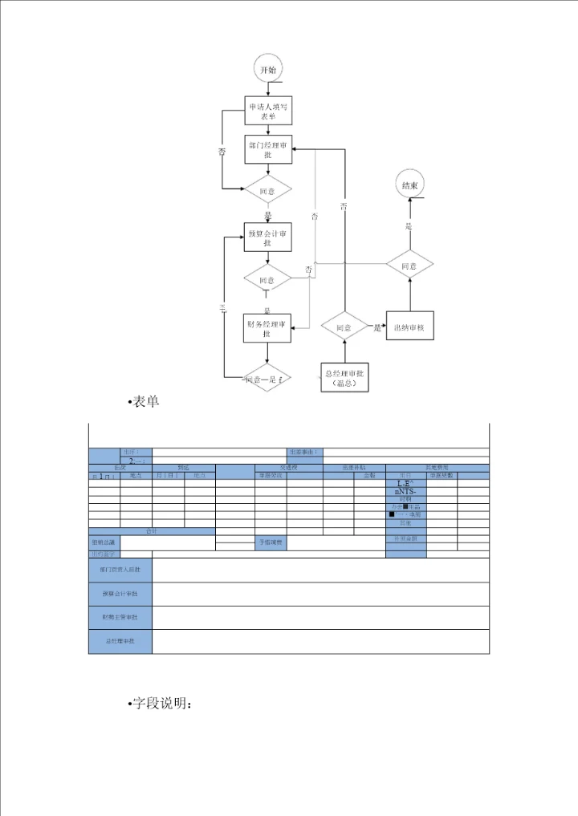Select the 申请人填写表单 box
pos(268,112)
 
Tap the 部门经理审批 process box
pos(268,149)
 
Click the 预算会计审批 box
pos(268,237)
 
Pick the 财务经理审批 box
pos(267,327)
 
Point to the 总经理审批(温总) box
pos(344,379)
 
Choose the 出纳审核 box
pos(409,327)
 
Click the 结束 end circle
pos(409,185)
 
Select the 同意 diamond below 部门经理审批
pos(267,192)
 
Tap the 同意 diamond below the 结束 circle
pos(409,266)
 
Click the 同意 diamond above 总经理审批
pos(344,327)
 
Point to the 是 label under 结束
pos(409,227)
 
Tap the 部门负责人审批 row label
pos(120,570)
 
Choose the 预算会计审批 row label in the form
pos(120,594)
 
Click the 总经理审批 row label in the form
pos(120,642)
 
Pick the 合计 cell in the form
pos(152,531)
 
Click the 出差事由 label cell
pos(305,452)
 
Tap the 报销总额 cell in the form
pos(104,542)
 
